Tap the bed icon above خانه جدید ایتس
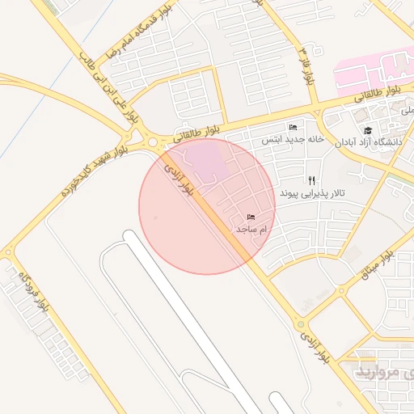[293, 128]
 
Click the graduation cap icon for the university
[369, 130]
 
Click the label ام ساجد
[251, 230]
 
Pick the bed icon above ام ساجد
[251, 218]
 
